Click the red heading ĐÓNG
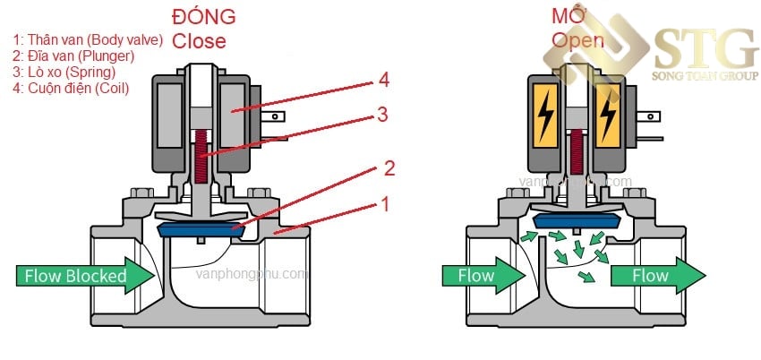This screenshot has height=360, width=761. (204, 16)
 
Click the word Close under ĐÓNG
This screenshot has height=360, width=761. (199, 40)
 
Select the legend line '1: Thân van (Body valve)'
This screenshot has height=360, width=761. (88, 40)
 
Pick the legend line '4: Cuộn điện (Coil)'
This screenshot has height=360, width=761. (71, 89)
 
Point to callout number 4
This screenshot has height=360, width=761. (383, 81)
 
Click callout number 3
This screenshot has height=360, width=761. (383, 114)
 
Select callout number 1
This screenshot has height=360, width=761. (384, 204)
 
